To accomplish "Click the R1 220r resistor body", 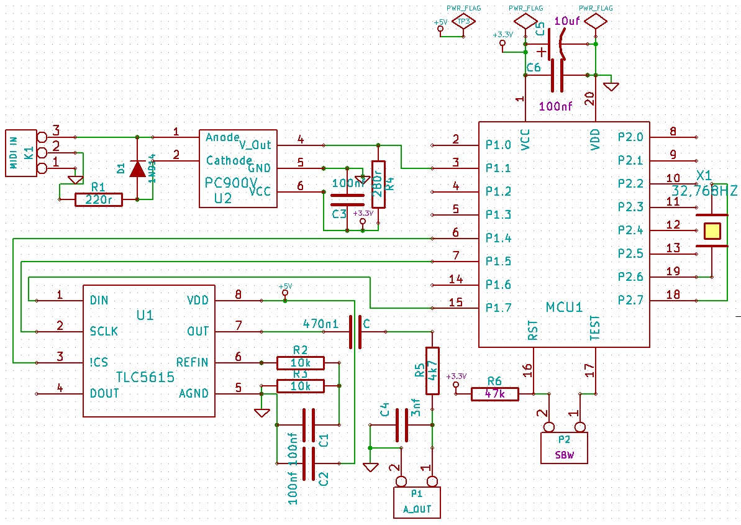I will click(98, 199).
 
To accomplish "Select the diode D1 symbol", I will click(137, 168).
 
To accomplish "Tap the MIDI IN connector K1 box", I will click(20, 153).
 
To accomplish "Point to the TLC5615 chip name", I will click(145, 377).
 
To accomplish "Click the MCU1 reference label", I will click(564, 307).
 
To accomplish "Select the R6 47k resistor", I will click(494, 393).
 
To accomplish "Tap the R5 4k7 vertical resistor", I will click(432, 370).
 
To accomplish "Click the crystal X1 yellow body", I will click(712, 231).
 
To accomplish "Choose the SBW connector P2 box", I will click(565, 448).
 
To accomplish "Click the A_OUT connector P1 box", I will click(417, 503).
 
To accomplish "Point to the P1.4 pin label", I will click(498, 238).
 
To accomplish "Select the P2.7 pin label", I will click(630, 300).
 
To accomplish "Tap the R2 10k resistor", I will click(301, 363).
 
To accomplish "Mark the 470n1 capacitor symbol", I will click(355, 332).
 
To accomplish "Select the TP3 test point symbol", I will click(463, 22).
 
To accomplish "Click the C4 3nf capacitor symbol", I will click(402, 425).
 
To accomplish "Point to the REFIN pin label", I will click(193, 362).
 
